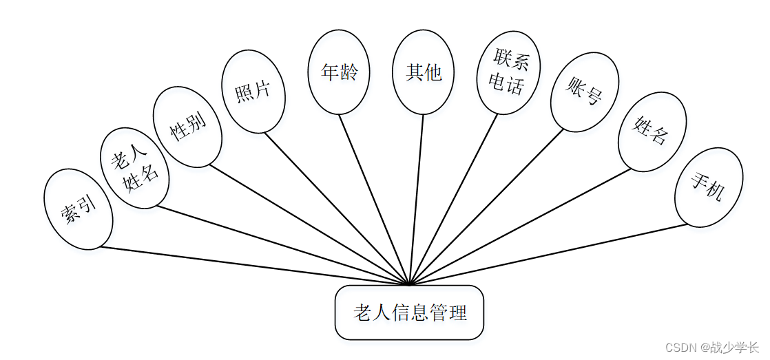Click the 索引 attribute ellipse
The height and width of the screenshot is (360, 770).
[78, 209]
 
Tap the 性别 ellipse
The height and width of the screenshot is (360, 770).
[187, 127]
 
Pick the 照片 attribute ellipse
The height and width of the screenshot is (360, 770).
[253, 91]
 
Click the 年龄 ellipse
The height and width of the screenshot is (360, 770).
[339, 72]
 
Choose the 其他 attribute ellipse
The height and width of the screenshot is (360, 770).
[423, 72]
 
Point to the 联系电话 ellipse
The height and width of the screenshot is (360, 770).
[508, 72]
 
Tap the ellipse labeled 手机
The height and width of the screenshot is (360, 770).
[708, 187]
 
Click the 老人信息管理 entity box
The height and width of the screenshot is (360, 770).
[409, 313]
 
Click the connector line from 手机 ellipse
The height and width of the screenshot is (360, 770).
[548, 254]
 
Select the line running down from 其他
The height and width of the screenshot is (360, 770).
[417, 200]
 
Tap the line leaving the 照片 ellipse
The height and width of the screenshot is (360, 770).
[337, 208]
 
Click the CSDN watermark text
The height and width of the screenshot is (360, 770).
[712, 348]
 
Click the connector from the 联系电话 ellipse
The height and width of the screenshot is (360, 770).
[453, 199]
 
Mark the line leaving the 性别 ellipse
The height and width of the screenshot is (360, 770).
[310, 224]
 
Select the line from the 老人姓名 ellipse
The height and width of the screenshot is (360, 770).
[282, 244]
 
